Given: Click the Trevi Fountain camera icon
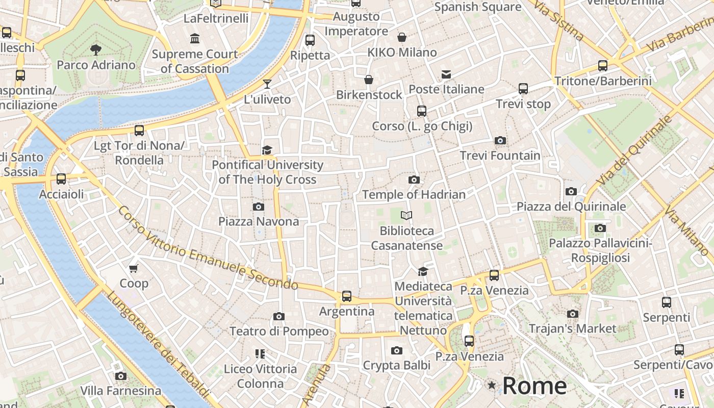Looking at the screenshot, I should coord(500,141).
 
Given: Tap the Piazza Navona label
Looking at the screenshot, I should coord(259,221).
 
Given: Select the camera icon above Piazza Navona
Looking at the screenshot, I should coord(259,207).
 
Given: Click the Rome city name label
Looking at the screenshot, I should coord(534,386).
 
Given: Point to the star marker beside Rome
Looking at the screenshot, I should coord(492,385).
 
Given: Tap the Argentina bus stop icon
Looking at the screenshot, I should coord(347,296).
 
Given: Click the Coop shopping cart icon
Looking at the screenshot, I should coord(134,268).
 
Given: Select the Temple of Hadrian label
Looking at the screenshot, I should coord(414,194).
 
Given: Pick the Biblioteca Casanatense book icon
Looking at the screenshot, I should coord(406,216).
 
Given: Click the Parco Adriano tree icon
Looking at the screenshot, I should coord(95,49).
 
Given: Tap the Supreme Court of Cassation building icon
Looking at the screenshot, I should coord(194,38).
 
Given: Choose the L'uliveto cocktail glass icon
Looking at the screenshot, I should coord(267,84).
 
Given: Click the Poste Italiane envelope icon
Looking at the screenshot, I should coord(446,74).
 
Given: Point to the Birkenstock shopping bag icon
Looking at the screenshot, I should coord(369,80).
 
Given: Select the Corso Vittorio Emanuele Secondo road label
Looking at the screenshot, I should coord(208,248).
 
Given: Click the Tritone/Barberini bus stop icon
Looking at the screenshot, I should coord(603,66).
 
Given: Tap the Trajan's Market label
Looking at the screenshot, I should coord(572,328).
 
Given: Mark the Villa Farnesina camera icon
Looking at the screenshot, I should coord(121,376).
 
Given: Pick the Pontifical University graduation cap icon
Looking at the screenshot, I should coord(267,150).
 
